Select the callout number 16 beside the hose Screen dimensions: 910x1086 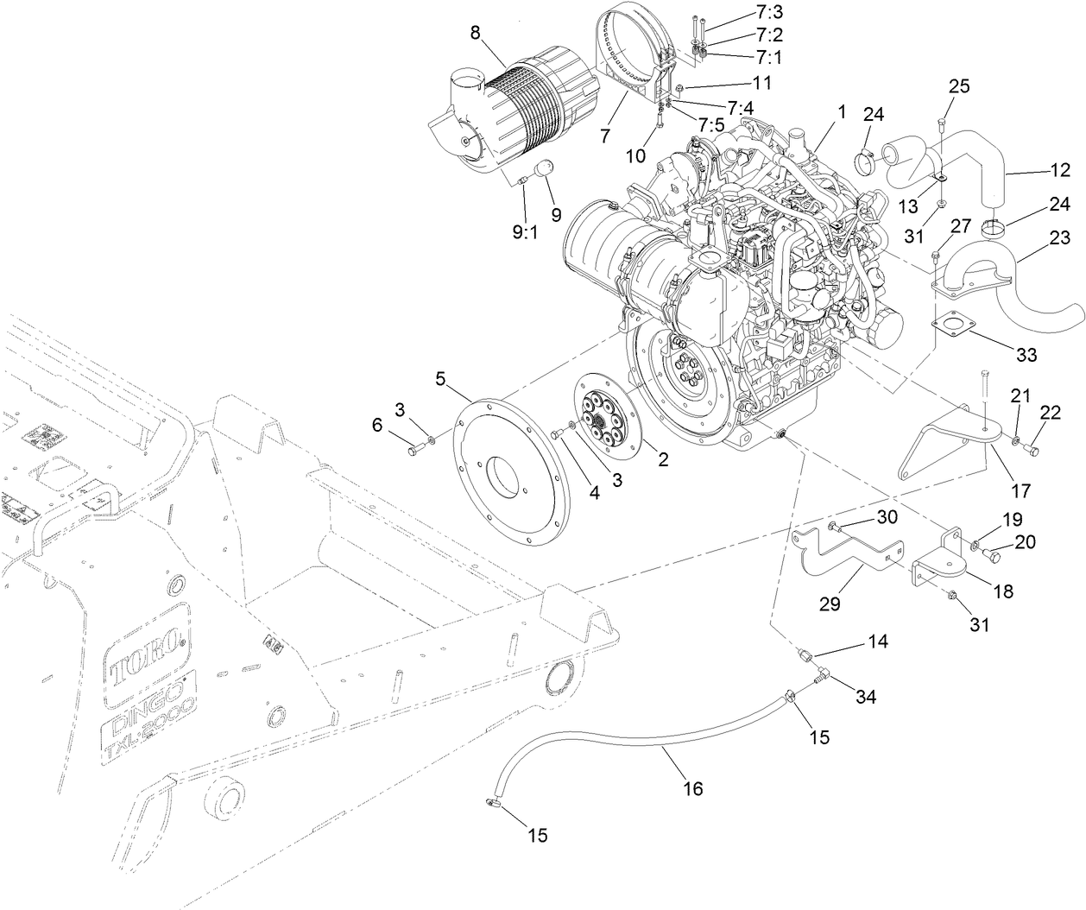pos(693,788)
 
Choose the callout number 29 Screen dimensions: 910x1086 pos(829,604)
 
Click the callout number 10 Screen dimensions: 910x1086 pos(635,156)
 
